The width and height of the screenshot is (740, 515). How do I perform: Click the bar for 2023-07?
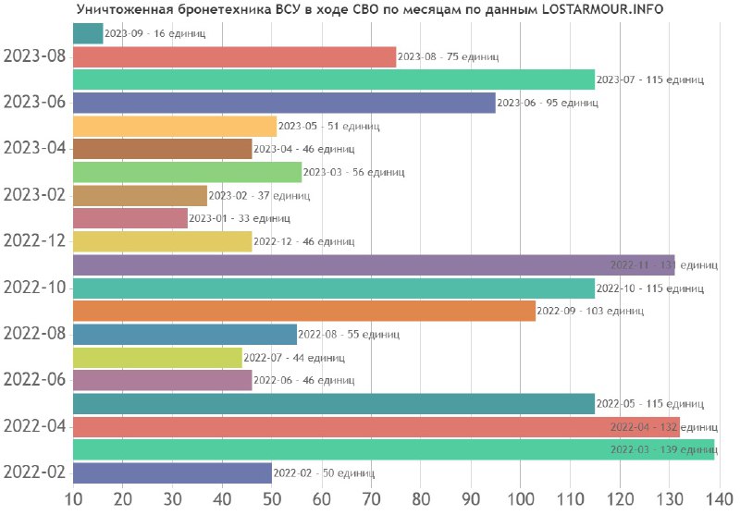tap(333, 80)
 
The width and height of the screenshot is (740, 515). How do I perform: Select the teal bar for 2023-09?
tap(87, 33)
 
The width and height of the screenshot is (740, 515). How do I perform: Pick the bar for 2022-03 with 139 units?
tap(393, 449)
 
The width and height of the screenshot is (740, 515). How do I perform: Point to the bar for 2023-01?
tap(129, 218)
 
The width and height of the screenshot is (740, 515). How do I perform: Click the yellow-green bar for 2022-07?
tap(156, 357)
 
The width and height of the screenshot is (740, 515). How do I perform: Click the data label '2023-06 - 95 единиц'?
tap(548, 104)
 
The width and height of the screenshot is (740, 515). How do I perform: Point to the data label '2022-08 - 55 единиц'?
tap(349, 335)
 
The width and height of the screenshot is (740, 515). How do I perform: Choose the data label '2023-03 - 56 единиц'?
tap(353, 173)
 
